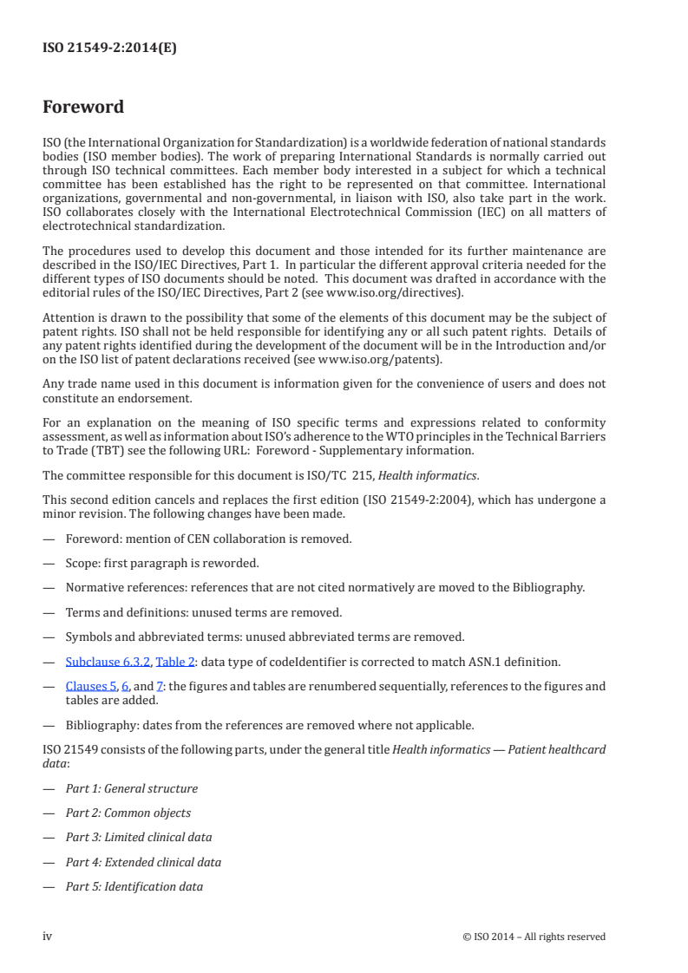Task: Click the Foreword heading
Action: tap(83, 108)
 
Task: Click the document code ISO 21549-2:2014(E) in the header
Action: tap(109, 49)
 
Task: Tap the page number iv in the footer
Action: tap(48, 936)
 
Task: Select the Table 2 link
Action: tap(174, 663)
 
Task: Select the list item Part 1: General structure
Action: tap(131, 788)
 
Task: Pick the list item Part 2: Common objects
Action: tap(128, 813)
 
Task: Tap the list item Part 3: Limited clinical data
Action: tap(138, 837)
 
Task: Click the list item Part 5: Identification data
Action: tap(134, 886)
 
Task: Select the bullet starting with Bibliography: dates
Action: tap(270, 724)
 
